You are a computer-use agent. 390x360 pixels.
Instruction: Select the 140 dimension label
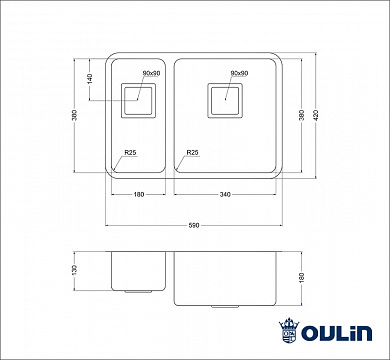point(89,77)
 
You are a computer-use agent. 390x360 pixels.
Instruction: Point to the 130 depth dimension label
point(89,271)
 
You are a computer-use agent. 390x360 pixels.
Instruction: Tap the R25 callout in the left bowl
point(129,152)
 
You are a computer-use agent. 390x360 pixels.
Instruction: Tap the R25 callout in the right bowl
point(191,152)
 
